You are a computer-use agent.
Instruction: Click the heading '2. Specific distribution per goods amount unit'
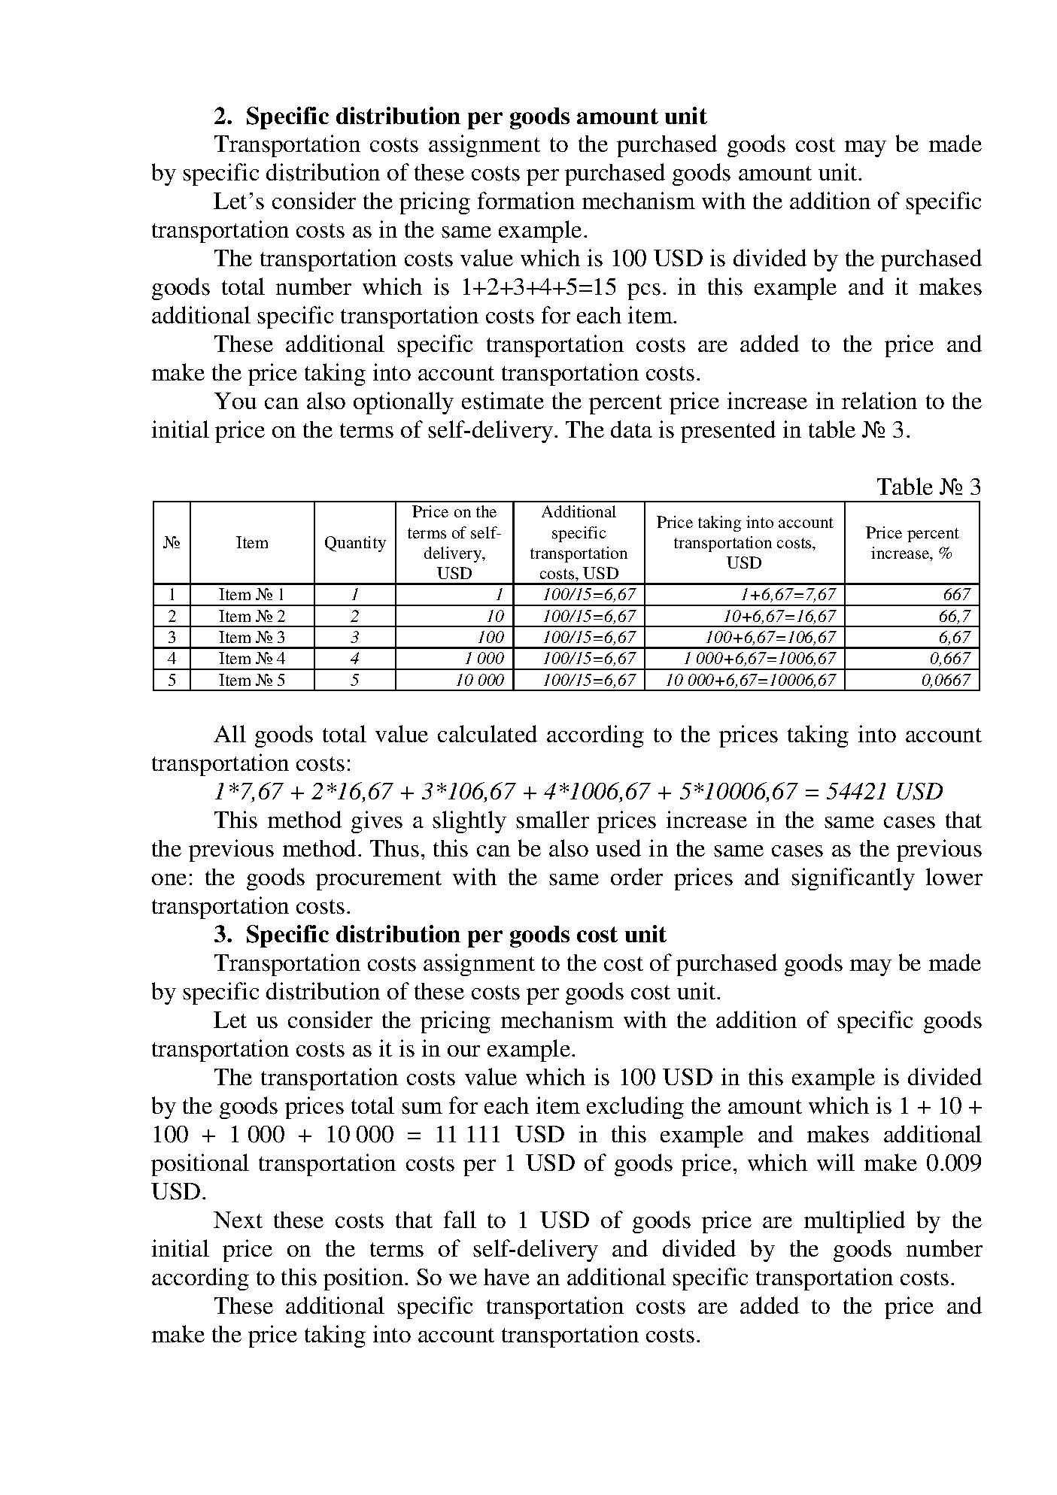point(460,117)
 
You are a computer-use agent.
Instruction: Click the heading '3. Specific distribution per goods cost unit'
point(440,935)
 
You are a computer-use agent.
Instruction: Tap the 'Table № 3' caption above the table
point(928,487)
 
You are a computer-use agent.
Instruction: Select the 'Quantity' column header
point(354,543)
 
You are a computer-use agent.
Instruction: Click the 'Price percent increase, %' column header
point(911,543)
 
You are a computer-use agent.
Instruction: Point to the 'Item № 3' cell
point(252,637)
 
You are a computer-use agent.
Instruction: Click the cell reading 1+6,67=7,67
point(788,595)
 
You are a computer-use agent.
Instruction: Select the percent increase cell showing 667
point(956,595)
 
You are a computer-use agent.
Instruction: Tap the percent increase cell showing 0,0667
point(946,681)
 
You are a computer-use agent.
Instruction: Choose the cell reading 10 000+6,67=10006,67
point(751,681)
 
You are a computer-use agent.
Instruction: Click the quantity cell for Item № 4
point(354,659)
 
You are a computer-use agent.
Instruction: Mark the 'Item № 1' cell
point(252,595)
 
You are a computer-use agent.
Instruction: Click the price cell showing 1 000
point(484,659)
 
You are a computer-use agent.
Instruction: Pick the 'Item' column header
point(252,543)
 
